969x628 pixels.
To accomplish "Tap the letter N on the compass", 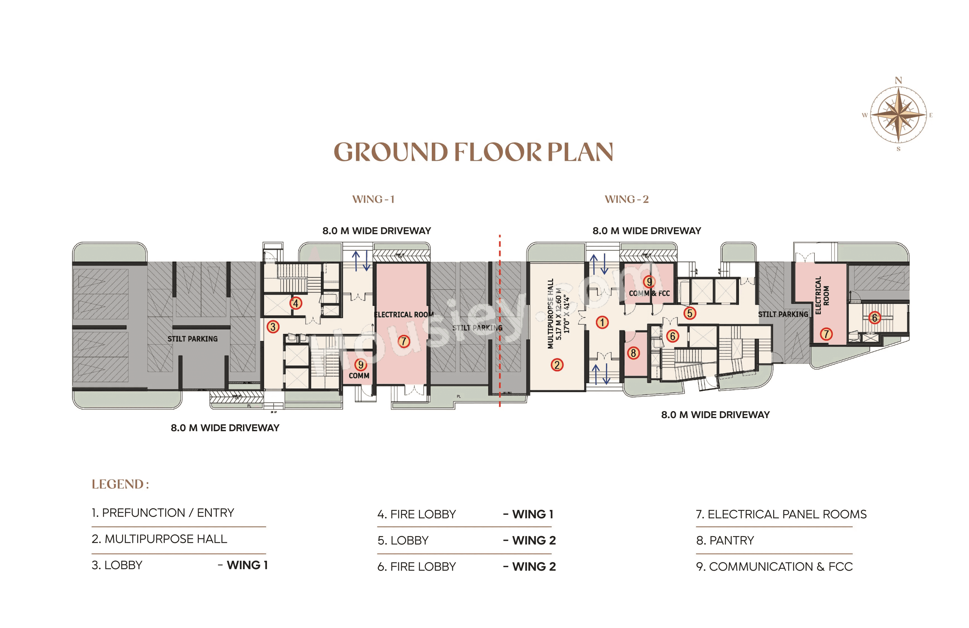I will [898, 80].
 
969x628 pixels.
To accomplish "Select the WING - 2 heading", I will [626, 199].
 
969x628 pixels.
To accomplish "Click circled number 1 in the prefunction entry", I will [602, 322].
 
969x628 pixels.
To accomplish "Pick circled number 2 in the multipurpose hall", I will [557, 365].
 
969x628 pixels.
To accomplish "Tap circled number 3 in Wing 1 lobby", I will [273, 327].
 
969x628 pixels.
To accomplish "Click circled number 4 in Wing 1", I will [296, 303].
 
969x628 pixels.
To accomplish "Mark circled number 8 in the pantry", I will [633, 353].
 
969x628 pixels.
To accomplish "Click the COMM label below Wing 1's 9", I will [359, 376].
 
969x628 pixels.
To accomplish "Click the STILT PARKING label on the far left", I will [192, 339].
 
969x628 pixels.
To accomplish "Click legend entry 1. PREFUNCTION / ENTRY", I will [163, 513].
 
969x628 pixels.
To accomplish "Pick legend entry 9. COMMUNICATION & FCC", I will [774, 567].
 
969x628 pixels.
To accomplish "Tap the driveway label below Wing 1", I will [225, 428].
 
